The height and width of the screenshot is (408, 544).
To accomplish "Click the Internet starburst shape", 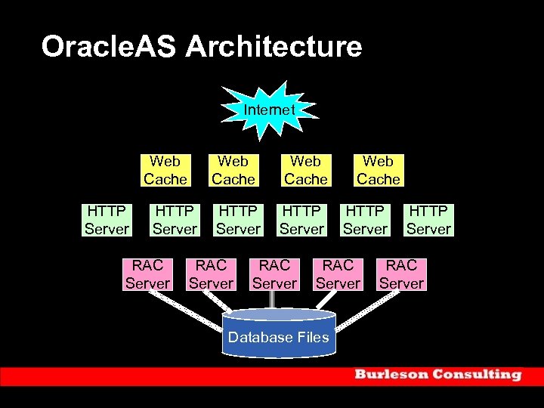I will (269, 110).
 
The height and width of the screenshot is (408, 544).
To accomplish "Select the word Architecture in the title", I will (274, 47).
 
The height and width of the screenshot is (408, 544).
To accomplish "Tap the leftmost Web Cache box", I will (165, 170).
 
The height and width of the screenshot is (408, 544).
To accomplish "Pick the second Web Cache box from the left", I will (233, 170).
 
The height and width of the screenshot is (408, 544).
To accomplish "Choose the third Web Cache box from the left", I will (305, 170).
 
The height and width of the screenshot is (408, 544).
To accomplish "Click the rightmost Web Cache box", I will (378, 170).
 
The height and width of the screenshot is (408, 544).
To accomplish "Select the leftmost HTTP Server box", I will (107, 219).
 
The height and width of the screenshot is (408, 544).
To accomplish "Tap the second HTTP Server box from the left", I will (175, 219).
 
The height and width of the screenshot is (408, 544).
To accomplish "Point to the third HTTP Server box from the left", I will (238, 219).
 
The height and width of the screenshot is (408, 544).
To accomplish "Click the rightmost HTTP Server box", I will (428, 219).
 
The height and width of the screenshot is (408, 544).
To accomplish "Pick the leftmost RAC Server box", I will (147, 274).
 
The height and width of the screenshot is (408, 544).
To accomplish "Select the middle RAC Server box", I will (274, 274).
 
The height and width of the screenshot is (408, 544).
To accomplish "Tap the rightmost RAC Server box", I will (401, 274).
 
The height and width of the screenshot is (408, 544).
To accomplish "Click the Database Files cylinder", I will (280, 333).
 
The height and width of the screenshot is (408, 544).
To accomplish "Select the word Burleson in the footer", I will (394, 375).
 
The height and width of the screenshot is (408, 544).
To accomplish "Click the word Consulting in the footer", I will (479, 375).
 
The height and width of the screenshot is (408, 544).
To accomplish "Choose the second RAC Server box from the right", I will (338, 274).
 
